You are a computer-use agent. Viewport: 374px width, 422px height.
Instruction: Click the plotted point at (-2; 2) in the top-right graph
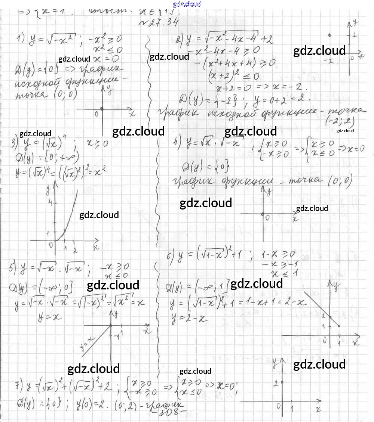329,35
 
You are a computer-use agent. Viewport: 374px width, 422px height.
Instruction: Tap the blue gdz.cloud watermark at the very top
187,4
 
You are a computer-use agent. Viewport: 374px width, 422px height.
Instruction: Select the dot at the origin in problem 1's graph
102,109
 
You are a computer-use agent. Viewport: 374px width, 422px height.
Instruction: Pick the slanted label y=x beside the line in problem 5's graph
86,344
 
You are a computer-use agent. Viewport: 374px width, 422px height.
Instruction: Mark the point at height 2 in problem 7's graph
282,382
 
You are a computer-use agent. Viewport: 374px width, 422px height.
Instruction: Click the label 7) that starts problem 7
17,385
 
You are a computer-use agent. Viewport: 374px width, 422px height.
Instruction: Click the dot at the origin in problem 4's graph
263,214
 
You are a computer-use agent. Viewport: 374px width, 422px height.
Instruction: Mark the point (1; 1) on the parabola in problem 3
65,231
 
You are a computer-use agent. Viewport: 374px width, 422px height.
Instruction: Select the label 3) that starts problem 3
15,143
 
